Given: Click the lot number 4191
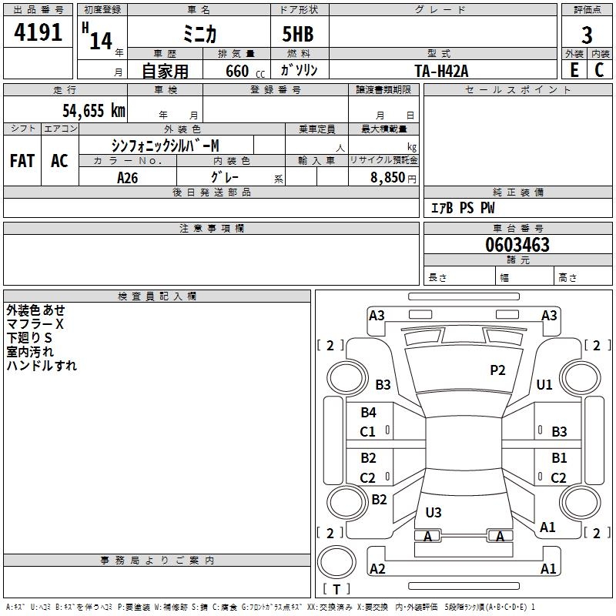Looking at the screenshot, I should coord(38,32).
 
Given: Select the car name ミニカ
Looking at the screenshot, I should coord(199,35).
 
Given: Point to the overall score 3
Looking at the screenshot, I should coord(587,35).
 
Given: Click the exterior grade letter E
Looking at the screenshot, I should coord(574,70).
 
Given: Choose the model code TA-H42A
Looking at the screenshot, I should coord(441,70).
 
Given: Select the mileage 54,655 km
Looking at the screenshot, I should coord(93,111).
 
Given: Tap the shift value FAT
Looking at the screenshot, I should coord(22,161).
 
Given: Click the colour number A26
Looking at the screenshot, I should coord(127,178).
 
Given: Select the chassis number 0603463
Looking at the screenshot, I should coord(517,246).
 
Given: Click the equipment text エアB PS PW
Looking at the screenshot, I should coord(462,208).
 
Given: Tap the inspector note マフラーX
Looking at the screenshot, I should coord(35,324).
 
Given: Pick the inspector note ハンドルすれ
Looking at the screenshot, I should coord(42,366).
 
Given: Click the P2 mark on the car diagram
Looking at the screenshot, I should coord(497,370).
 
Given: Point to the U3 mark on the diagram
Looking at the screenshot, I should coord(434,512).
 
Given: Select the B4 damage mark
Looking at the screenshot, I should coord(368,413).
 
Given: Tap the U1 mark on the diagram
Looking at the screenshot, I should coord(544,384).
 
